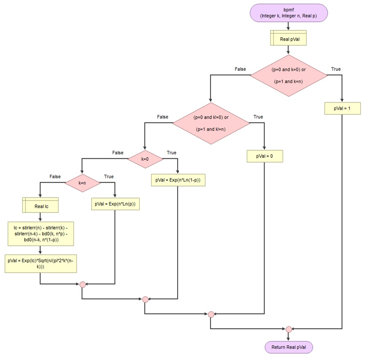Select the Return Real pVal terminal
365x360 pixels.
[x=289, y=347]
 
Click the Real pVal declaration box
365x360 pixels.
[x=289, y=39]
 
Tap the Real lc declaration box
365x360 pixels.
[x=40, y=206]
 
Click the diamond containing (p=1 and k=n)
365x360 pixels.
[x=289, y=75]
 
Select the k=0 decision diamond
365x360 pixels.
[x=145, y=159]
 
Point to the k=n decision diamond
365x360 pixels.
[x=82, y=183]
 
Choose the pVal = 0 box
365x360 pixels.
[x=265, y=157]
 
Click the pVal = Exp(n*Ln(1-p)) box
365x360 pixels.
[x=178, y=180]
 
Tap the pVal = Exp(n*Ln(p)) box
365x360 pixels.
[x=115, y=204]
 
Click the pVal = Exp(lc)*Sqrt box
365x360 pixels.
[x=41, y=264]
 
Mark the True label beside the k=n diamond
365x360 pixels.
[x=109, y=176]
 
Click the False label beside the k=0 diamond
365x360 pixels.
[x=118, y=152]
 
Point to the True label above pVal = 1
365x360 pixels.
[x=336, y=69]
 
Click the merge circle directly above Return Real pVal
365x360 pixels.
[x=289, y=329]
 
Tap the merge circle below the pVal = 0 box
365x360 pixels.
[x=211, y=314]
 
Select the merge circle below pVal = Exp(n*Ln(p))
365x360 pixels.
[x=82, y=285]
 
